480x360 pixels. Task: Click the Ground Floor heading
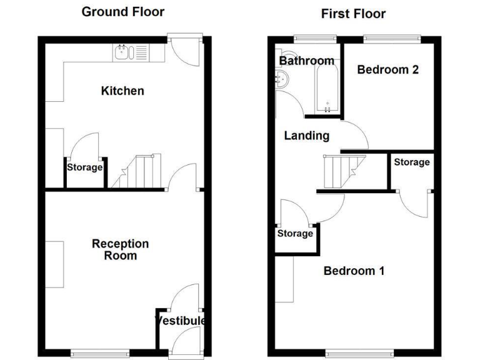pyautogui.click(x=123, y=12)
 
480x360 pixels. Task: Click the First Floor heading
pyautogui.click(x=353, y=13)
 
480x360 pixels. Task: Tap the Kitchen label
pyautogui.click(x=122, y=91)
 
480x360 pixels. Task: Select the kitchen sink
pyautogui.click(x=124, y=52)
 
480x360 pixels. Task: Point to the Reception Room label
pyautogui.click(x=121, y=249)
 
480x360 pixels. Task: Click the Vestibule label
pyautogui.click(x=181, y=321)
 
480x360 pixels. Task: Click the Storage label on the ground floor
pyautogui.click(x=85, y=167)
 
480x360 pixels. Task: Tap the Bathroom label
pyautogui.click(x=306, y=61)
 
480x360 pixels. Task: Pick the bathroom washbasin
pyautogui.click(x=282, y=79)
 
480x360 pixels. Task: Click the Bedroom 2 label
pyautogui.click(x=387, y=70)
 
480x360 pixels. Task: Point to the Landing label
pyautogui.click(x=306, y=136)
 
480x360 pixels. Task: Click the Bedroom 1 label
pyautogui.click(x=354, y=271)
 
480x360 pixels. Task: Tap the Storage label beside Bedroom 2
pyautogui.click(x=411, y=162)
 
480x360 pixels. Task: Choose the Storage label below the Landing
pyautogui.click(x=295, y=234)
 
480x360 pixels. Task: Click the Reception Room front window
pyautogui.click(x=100, y=353)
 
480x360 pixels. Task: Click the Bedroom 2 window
pyautogui.click(x=391, y=38)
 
